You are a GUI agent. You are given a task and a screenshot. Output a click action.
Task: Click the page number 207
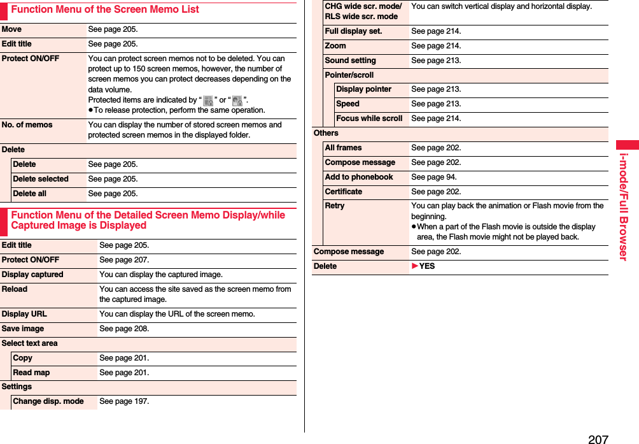coord(598,438)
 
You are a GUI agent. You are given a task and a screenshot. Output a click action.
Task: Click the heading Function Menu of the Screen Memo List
coord(105,10)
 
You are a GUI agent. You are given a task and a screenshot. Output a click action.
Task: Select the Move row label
coord(11,29)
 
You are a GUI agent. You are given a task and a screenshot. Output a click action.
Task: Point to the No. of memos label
coord(27,125)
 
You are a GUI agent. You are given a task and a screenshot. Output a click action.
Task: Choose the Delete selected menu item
coord(41,179)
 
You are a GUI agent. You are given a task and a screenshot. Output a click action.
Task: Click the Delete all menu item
coord(29,194)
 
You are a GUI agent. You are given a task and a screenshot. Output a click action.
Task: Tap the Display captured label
coord(32,275)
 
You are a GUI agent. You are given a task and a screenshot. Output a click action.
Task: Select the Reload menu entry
coord(15,289)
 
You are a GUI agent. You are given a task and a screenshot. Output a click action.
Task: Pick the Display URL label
coord(24,314)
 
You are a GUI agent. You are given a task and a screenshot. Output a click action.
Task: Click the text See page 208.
coord(124,329)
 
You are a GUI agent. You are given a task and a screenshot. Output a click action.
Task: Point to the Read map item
coord(31,373)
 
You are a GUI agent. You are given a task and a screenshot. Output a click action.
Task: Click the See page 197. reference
coord(124,402)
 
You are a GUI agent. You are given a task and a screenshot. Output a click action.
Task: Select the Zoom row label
coord(335,46)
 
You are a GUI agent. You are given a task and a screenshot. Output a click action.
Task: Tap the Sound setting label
coord(350,61)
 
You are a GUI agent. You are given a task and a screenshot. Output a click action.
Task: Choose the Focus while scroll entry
coord(369,118)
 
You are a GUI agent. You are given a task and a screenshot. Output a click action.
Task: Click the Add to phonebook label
coord(359,177)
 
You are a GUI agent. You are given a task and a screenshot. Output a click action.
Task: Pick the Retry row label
coord(335,206)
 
